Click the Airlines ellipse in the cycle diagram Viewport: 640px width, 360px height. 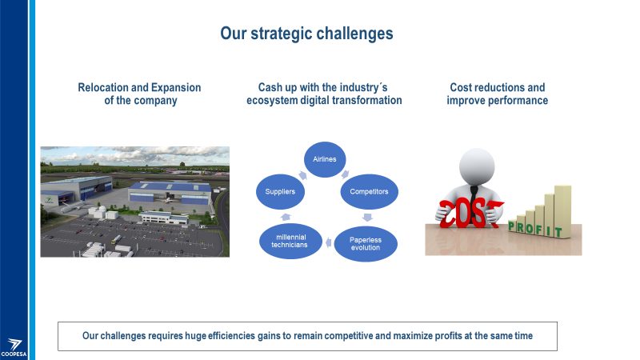(325, 159)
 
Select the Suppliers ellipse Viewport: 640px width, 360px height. (280, 191)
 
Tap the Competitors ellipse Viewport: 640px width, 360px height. (369, 191)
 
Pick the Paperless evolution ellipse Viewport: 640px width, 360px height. (366, 244)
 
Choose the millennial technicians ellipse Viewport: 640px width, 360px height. (290, 241)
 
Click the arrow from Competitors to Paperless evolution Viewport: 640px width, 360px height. (367, 217)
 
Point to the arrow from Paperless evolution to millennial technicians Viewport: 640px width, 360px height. (328, 243)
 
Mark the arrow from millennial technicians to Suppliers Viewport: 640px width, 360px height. (286, 217)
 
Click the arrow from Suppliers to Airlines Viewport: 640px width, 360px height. (302, 175)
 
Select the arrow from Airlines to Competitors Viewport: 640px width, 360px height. (346, 174)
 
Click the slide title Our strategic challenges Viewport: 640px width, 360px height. (306, 34)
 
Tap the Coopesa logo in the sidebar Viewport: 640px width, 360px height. (14, 348)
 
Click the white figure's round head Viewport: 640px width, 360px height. (477, 166)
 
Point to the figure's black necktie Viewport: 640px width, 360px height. (474, 200)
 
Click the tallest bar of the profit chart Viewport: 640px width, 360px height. (563, 211)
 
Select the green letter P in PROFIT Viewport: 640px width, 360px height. (512, 226)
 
